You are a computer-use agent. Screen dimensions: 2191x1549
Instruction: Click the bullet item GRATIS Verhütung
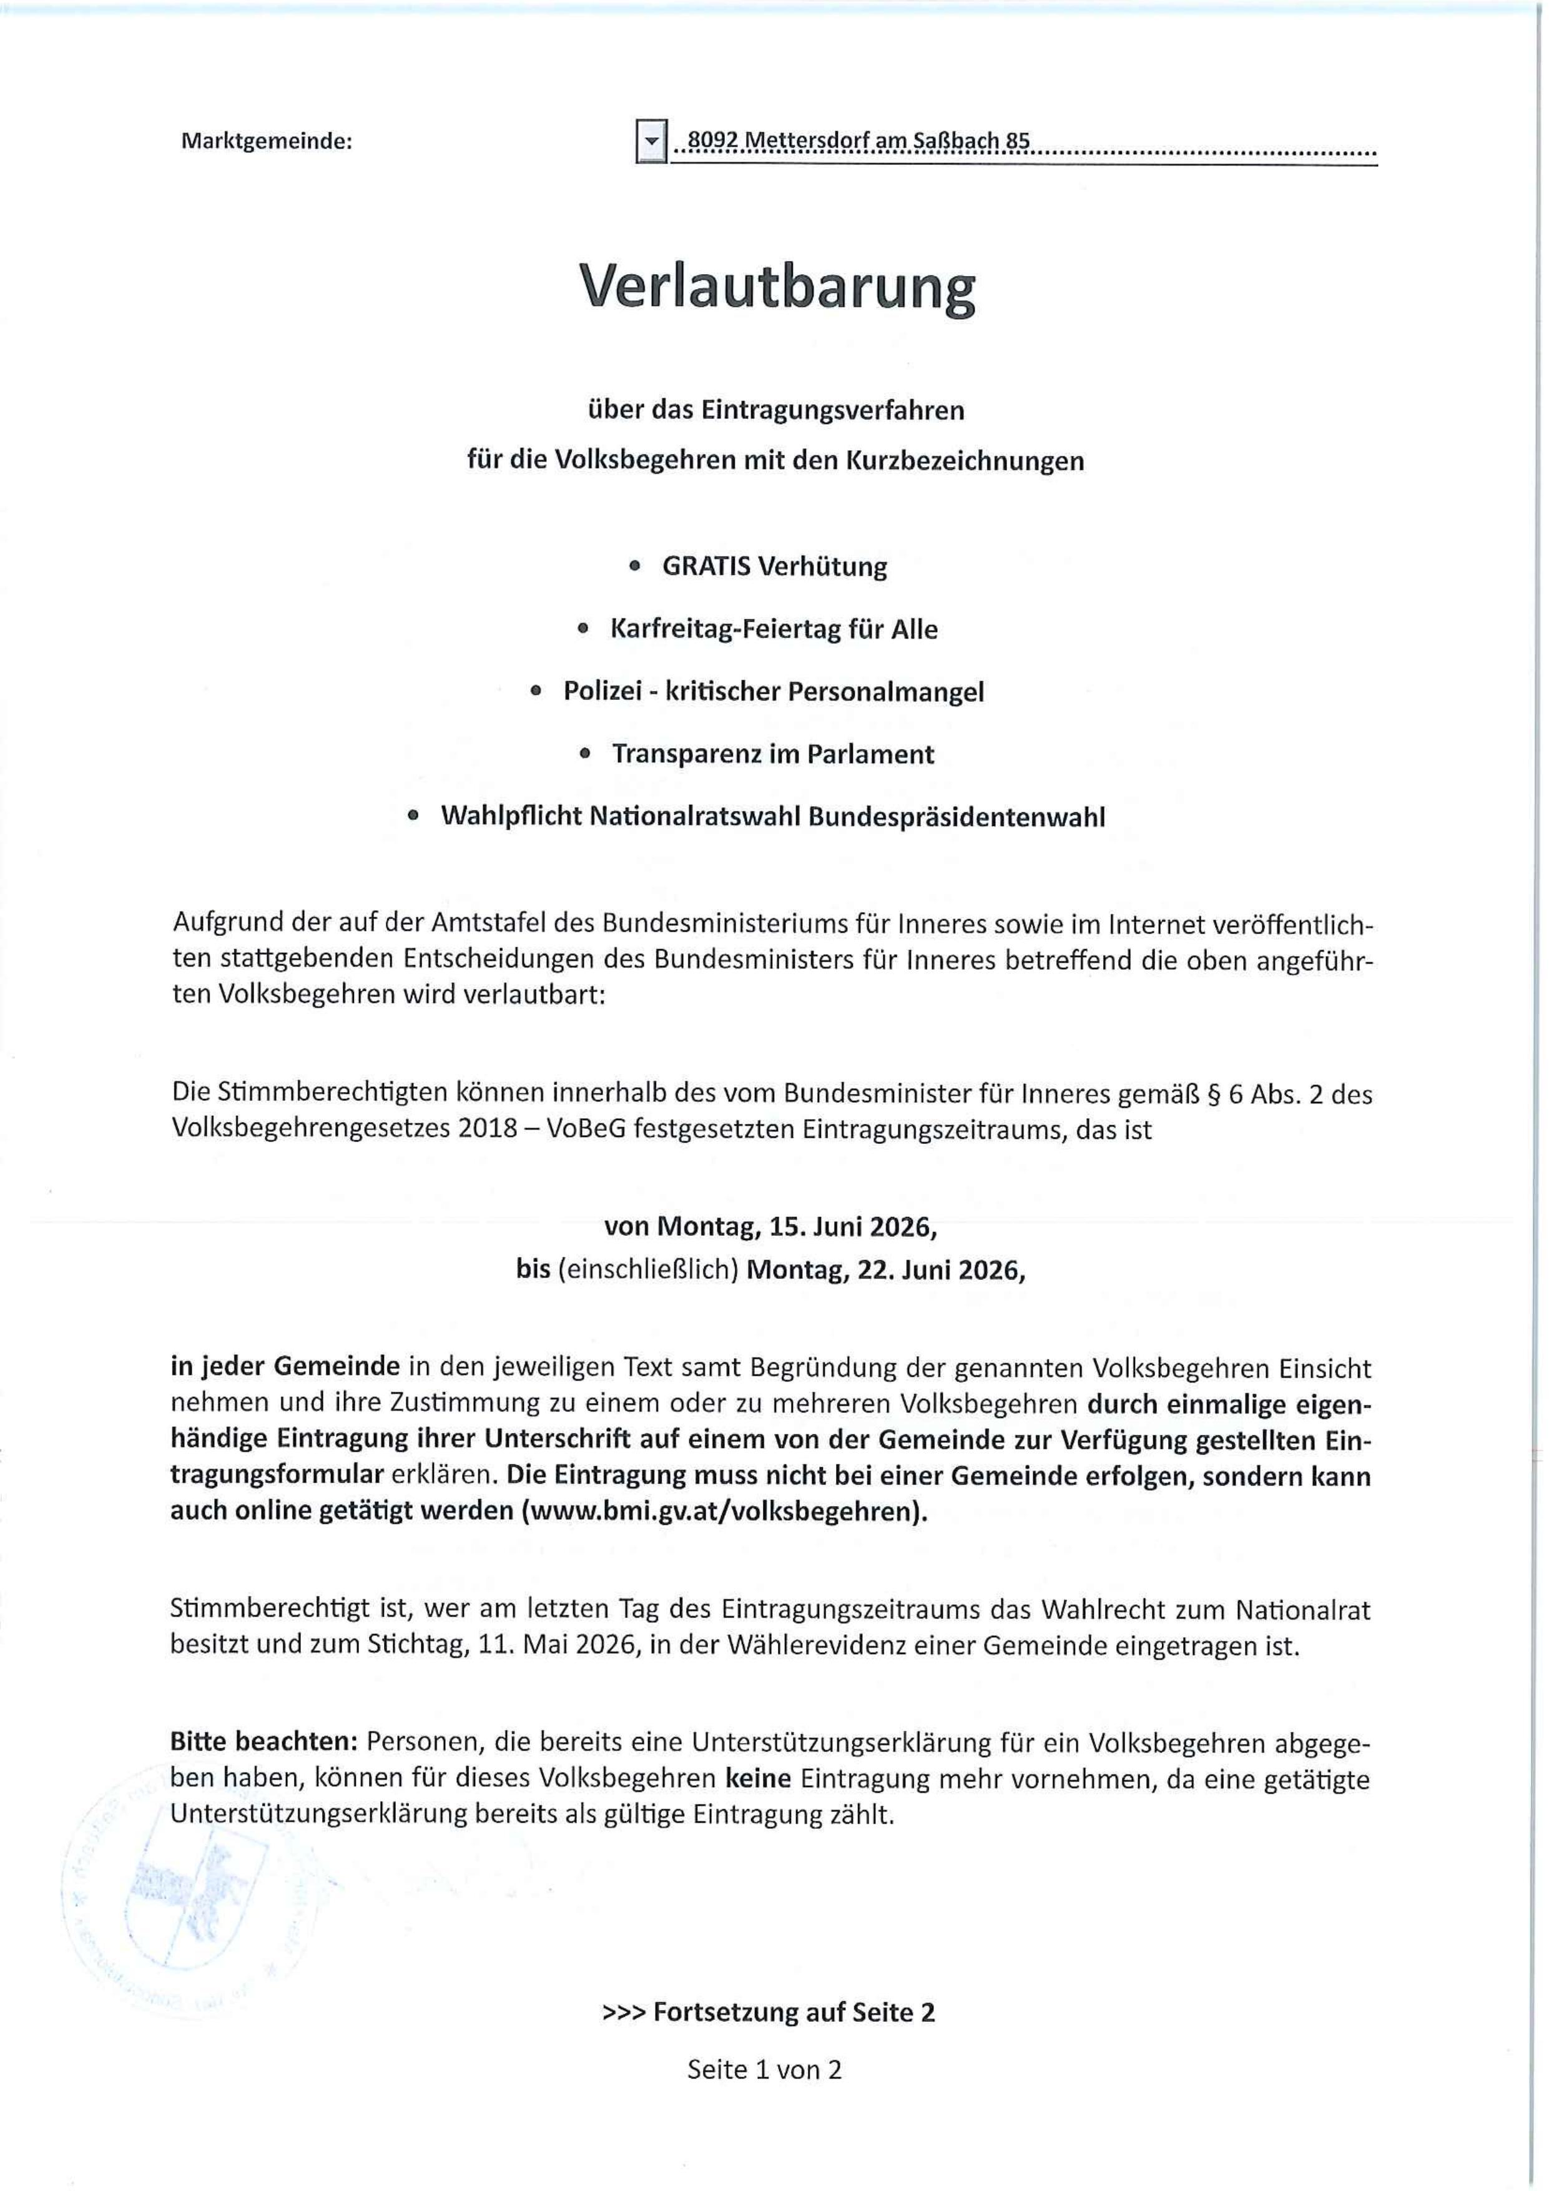tap(774, 567)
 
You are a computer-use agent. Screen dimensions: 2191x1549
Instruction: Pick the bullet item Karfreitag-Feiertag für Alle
tap(773, 630)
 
